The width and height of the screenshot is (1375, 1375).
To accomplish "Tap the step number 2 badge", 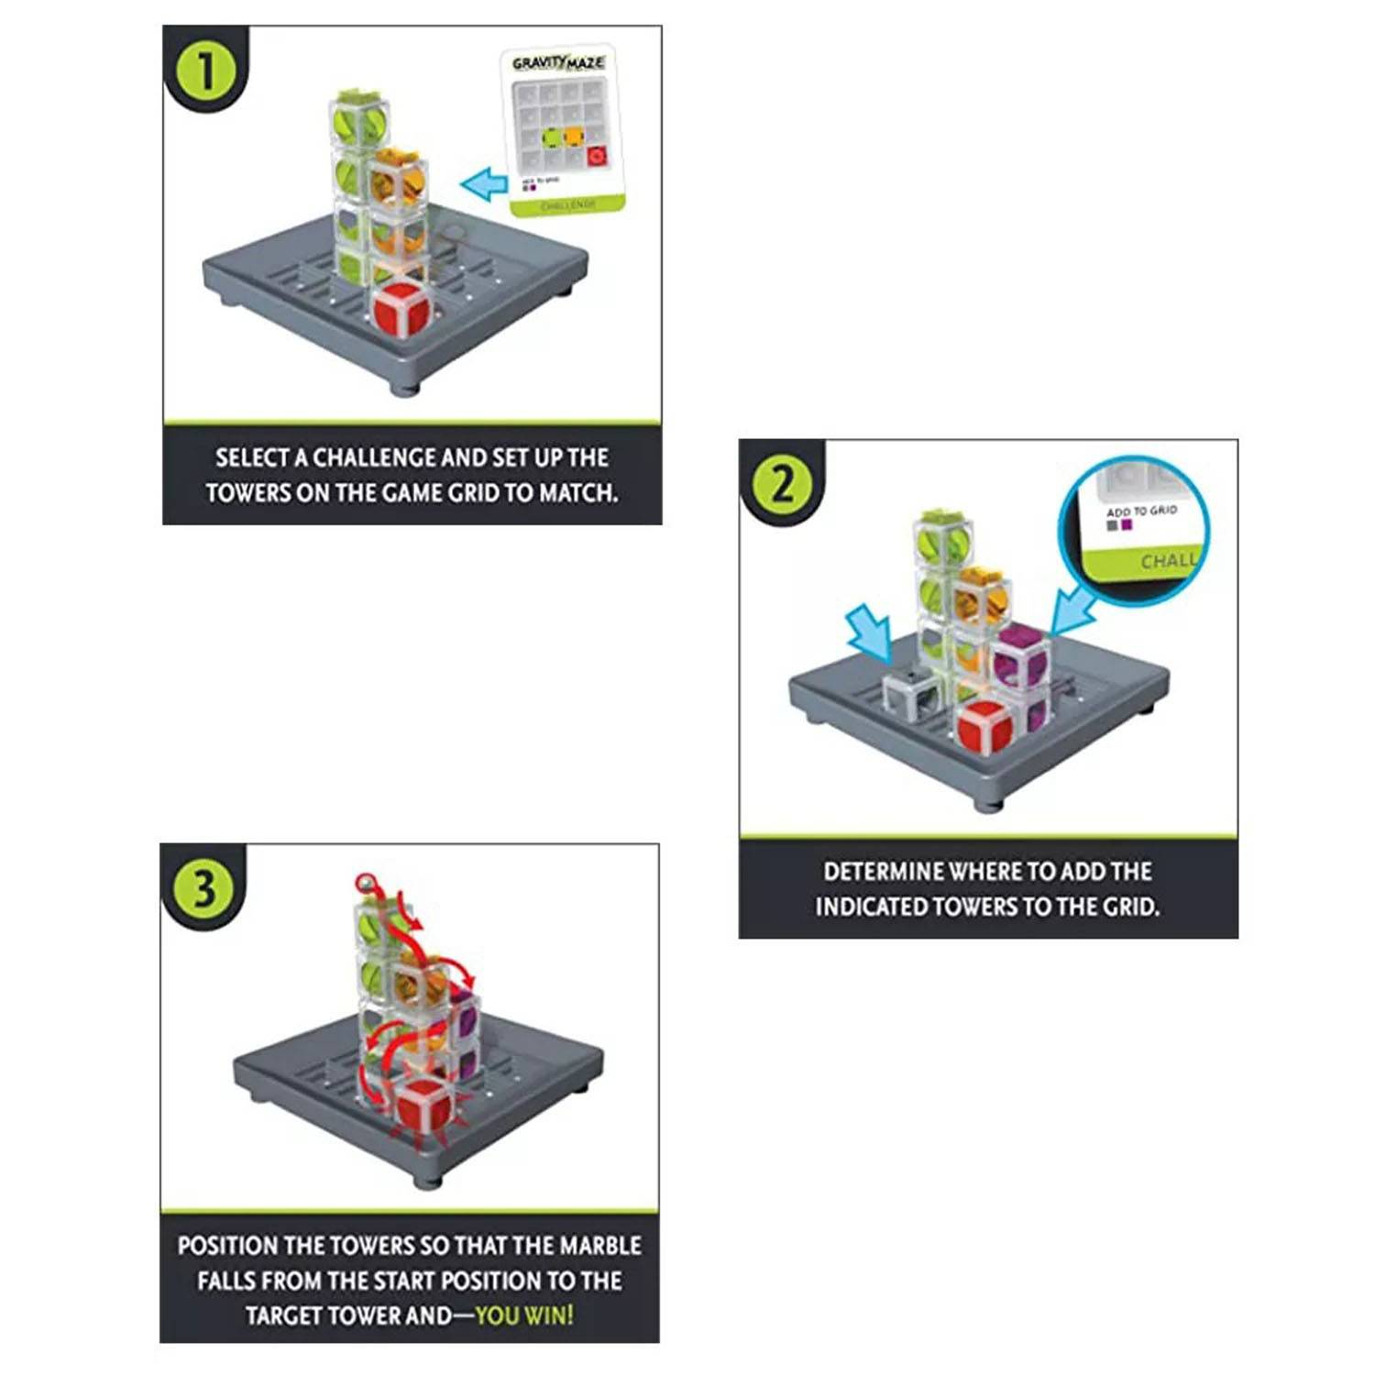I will [783, 484].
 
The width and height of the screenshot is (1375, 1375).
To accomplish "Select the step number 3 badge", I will [204, 888].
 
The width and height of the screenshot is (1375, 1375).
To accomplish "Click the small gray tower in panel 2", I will [910, 693].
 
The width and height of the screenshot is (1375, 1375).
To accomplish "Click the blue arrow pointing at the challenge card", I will [484, 184].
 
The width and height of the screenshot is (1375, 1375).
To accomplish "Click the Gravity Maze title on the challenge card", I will [558, 63].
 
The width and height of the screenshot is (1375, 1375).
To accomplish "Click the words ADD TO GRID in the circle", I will [1141, 511].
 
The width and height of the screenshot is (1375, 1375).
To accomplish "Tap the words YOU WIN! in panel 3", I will [524, 1315].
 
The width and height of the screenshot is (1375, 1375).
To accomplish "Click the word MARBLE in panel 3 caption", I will [600, 1246].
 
